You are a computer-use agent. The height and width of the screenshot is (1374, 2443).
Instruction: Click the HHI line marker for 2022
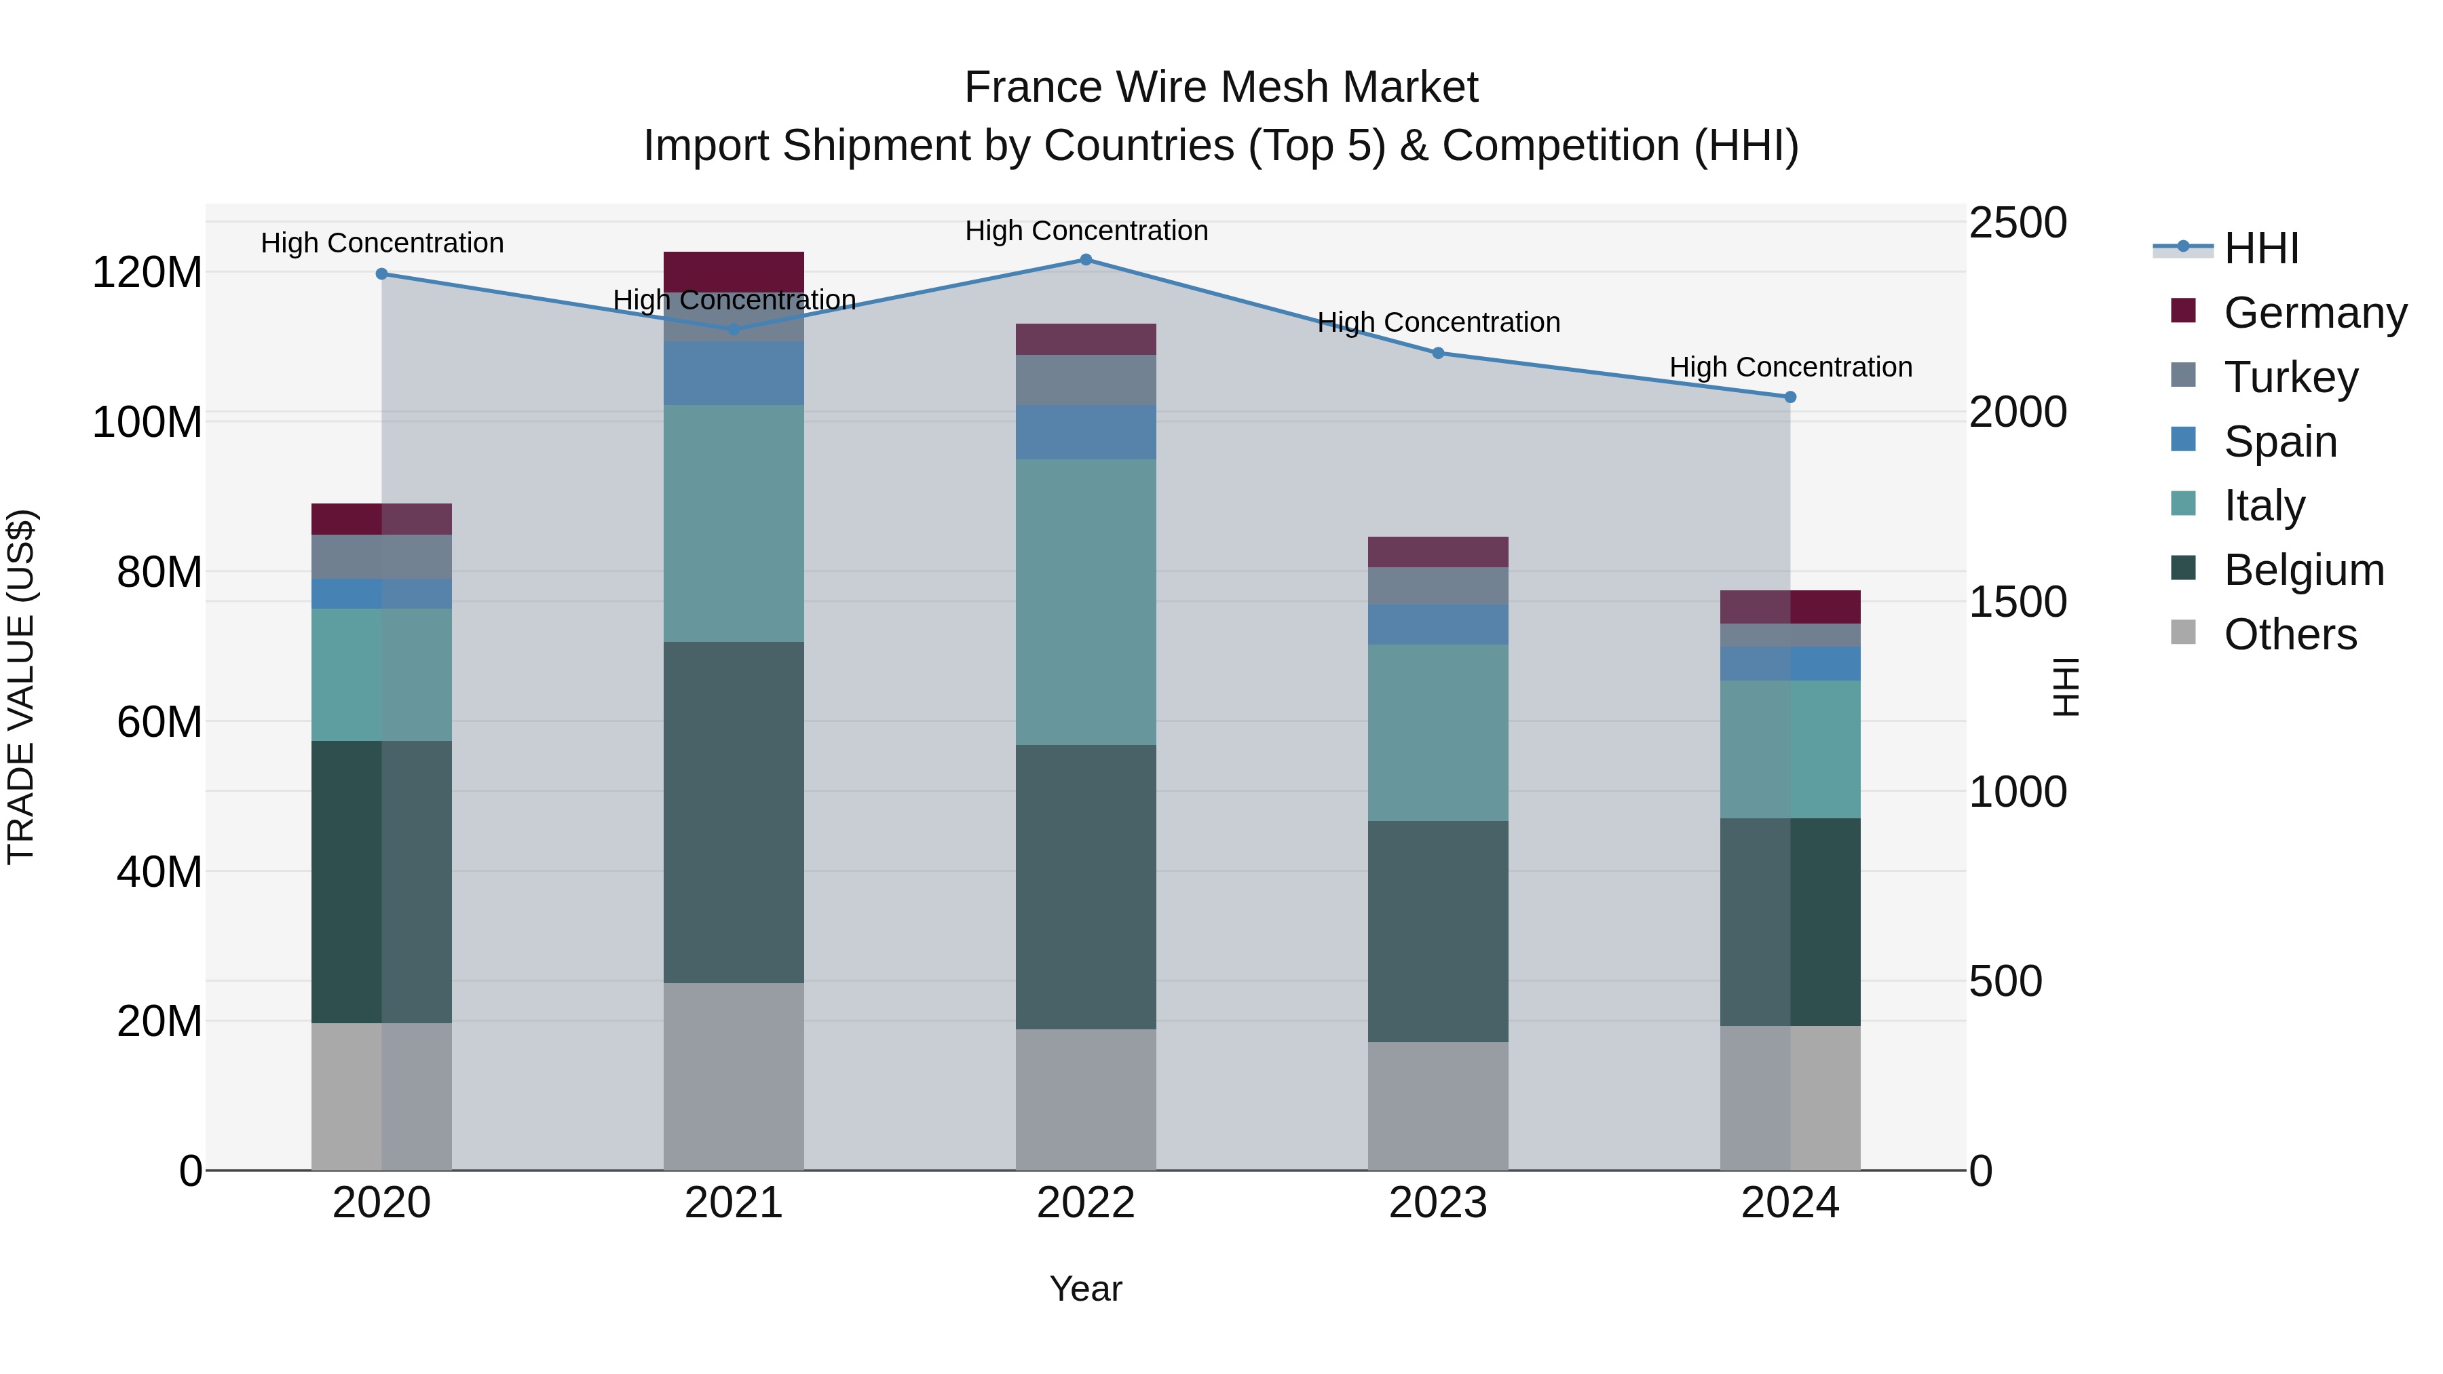click(x=1086, y=260)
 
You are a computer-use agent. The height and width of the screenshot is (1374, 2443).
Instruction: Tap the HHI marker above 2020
click(x=381, y=274)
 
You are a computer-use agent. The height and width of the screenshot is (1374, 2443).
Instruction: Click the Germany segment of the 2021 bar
click(x=733, y=270)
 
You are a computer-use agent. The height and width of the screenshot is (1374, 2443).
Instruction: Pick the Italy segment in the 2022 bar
click(x=1086, y=602)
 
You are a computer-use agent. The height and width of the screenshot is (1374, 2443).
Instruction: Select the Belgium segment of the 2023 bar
click(x=1438, y=931)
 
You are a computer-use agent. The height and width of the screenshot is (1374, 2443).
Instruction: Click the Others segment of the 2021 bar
click(x=733, y=1076)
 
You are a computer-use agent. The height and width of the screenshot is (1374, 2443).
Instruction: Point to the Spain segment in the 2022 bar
click(x=1086, y=432)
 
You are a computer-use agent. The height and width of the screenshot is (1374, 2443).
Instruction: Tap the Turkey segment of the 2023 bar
click(x=1438, y=586)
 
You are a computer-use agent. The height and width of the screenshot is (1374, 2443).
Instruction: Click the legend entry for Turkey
click(x=2290, y=377)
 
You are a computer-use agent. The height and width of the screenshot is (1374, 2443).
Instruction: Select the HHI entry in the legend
click(x=2261, y=248)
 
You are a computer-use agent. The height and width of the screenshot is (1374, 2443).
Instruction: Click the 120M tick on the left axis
click(x=147, y=273)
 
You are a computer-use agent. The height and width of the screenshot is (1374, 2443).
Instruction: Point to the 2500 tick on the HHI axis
click(x=2018, y=224)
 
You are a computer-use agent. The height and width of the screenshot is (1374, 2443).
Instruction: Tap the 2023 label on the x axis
click(x=1438, y=1203)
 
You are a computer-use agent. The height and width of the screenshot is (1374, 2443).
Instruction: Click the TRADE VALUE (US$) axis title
click(x=21, y=687)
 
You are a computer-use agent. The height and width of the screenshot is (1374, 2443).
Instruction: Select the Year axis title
click(x=1086, y=1289)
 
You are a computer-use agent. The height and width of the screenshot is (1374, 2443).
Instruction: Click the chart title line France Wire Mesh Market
click(x=1221, y=88)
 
